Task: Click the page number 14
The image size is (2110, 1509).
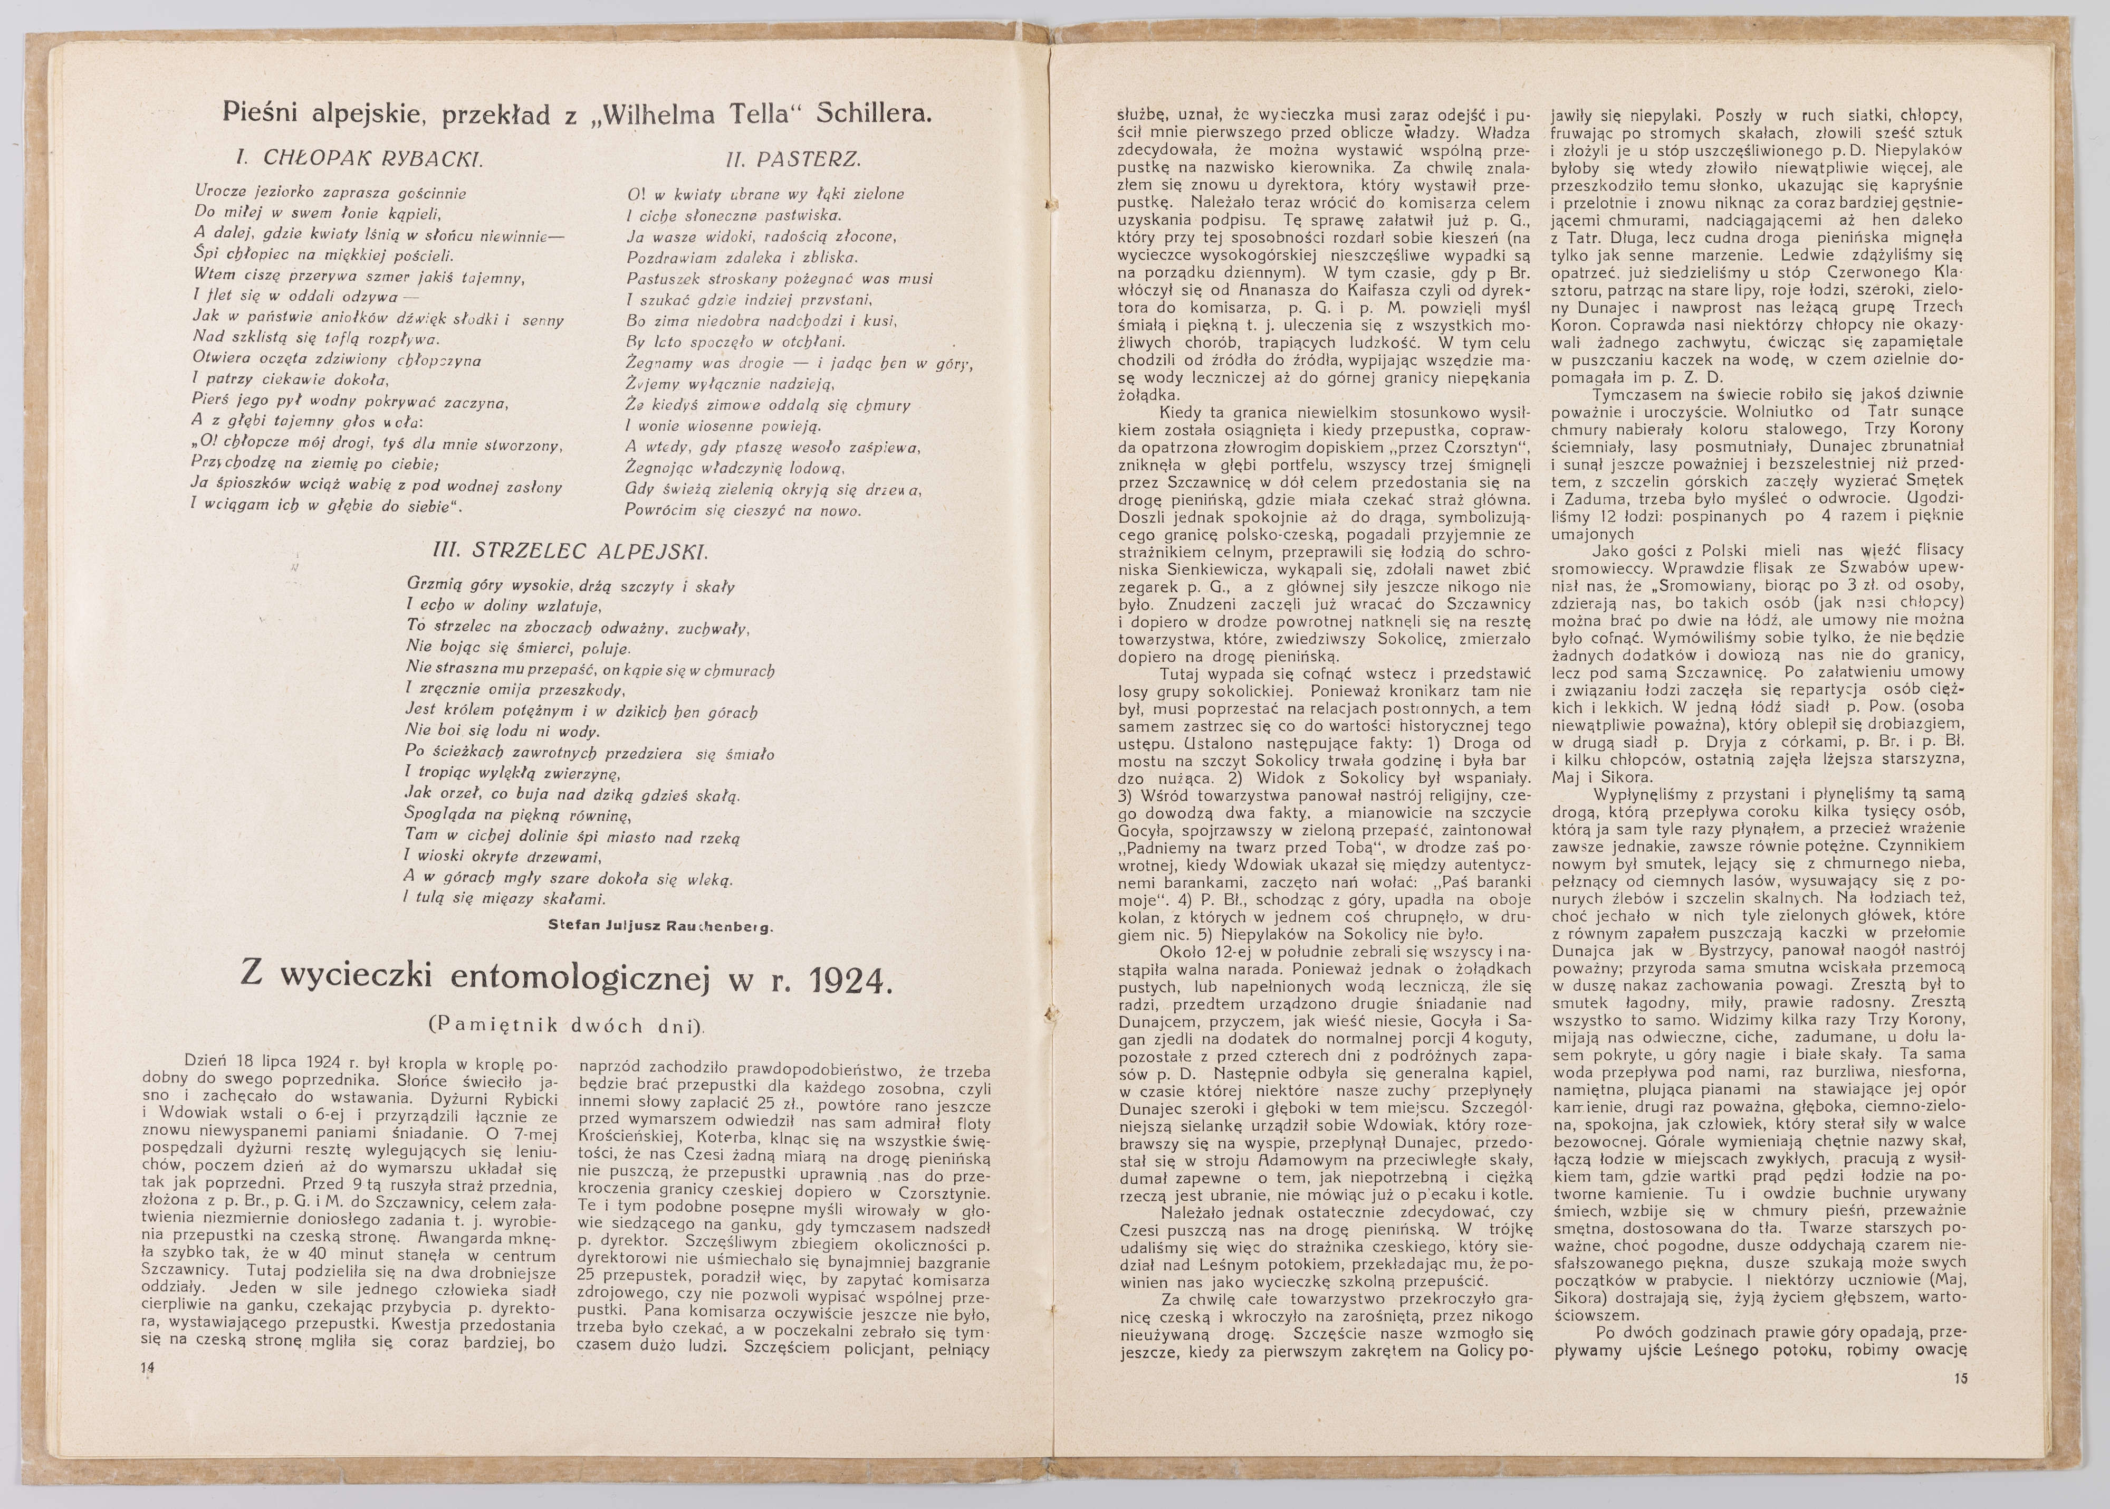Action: [x=147, y=1368]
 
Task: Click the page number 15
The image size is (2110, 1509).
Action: [x=1960, y=1378]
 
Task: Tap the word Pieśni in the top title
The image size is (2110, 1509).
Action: [x=266, y=112]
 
